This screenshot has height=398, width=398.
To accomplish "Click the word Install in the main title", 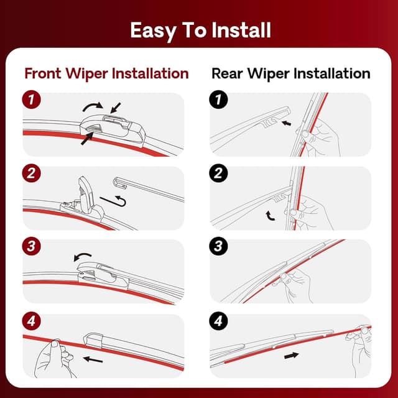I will click(234, 30).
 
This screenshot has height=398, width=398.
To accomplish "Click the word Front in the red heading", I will click(45, 73).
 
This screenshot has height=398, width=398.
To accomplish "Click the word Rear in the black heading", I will click(229, 73).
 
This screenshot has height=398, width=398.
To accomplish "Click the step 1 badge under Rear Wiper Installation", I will click(218, 99).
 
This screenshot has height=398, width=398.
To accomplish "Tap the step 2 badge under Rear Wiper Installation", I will click(218, 174).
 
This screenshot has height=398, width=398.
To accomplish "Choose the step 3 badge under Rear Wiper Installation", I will click(218, 246).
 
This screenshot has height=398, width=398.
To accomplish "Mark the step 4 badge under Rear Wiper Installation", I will click(218, 322).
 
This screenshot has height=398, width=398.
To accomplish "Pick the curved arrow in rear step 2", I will click(271, 215).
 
